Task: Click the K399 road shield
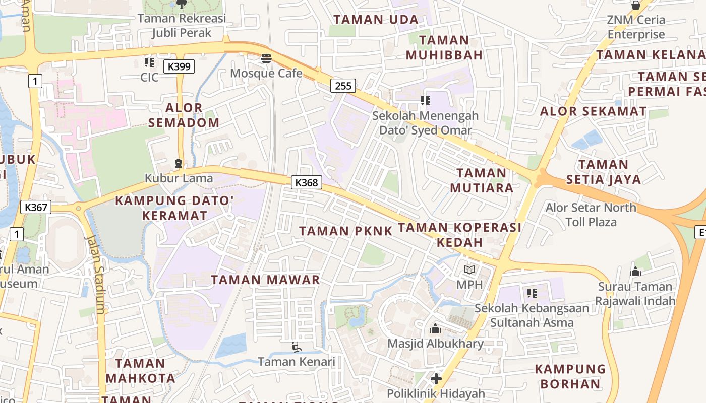pyautogui.click(x=179, y=66)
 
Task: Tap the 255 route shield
pyautogui.click(x=343, y=86)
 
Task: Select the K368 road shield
pyautogui.click(x=307, y=182)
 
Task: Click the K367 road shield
pyautogui.click(x=36, y=207)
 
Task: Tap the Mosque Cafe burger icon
pyautogui.click(x=266, y=58)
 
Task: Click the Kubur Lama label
pyautogui.click(x=179, y=178)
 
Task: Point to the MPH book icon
pyautogui.click(x=469, y=270)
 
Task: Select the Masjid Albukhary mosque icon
pyautogui.click(x=435, y=329)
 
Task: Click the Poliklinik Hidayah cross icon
pyautogui.click(x=436, y=378)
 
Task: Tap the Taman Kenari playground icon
pyautogui.click(x=297, y=347)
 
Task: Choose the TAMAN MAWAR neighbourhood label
pyautogui.click(x=265, y=280)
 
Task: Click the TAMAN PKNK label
pyautogui.click(x=346, y=231)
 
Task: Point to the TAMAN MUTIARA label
pyautogui.click(x=482, y=180)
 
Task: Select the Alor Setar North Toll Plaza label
pyautogui.click(x=591, y=215)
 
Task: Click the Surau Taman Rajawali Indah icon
pyautogui.click(x=635, y=272)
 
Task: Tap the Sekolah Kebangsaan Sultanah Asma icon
pyautogui.click(x=532, y=293)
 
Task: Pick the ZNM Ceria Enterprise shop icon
pyautogui.click(x=636, y=5)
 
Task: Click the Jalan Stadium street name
pyautogui.click(x=96, y=275)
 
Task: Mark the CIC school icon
pyautogui.click(x=149, y=62)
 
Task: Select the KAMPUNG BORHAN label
pyautogui.click(x=570, y=376)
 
